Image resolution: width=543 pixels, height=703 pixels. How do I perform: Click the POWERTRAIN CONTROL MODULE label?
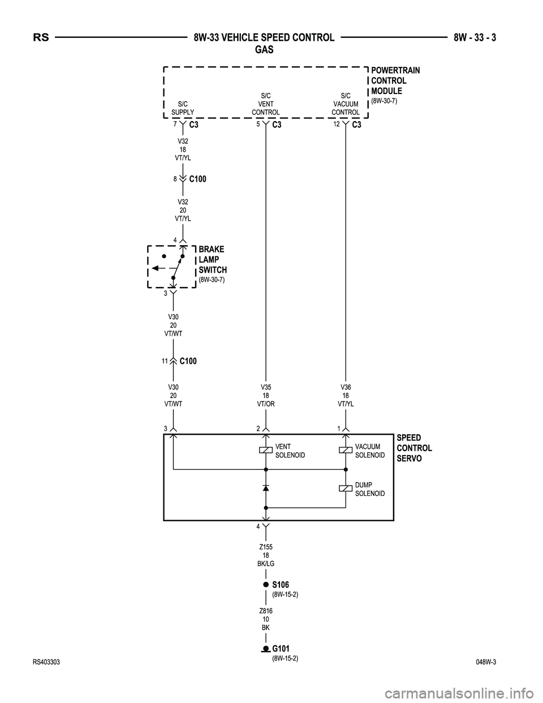(395, 81)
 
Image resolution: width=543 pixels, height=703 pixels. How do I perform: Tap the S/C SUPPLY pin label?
(183, 108)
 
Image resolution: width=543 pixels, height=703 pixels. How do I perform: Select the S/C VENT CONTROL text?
(265, 104)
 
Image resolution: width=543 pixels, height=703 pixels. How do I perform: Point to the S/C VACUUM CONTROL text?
(345, 104)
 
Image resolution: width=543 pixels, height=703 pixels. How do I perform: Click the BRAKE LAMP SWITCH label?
(212, 260)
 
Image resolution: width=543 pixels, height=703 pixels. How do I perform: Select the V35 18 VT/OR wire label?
(265, 396)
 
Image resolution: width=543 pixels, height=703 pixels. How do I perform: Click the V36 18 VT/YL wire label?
(345, 396)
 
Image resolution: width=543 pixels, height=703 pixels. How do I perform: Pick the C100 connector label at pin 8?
(197, 179)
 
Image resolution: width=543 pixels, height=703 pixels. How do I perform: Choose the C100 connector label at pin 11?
(188, 361)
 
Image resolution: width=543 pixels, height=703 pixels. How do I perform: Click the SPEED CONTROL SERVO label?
(414, 448)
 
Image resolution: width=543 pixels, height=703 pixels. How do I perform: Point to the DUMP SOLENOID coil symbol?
(345, 488)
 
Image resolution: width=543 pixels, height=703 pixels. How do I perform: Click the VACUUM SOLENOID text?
(370, 451)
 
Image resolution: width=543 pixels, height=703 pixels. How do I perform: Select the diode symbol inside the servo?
(265, 488)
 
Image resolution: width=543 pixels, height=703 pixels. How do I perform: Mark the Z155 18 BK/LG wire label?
(265, 555)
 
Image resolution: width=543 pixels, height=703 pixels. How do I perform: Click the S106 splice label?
(281, 584)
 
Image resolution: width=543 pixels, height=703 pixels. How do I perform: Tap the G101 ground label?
(281, 648)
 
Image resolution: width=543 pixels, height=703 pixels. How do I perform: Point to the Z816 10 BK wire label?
(265, 619)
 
